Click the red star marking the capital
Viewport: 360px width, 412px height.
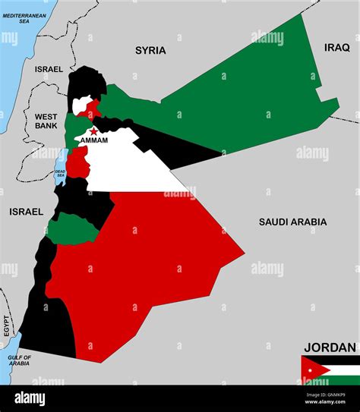(x=93, y=131)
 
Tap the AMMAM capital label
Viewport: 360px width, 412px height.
(x=93, y=140)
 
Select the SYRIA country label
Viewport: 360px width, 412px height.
(x=150, y=50)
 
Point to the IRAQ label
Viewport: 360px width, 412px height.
(x=337, y=47)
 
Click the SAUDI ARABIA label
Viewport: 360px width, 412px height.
(x=292, y=222)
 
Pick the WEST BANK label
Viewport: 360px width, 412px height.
(x=46, y=121)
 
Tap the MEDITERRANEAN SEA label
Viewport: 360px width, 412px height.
(x=24, y=18)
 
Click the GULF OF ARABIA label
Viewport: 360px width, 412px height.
(x=20, y=360)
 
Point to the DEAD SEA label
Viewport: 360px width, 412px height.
(x=60, y=173)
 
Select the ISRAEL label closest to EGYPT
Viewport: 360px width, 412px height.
(x=26, y=212)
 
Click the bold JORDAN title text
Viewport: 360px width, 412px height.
(x=330, y=348)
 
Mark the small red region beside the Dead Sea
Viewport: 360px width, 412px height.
(x=77, y=161)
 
